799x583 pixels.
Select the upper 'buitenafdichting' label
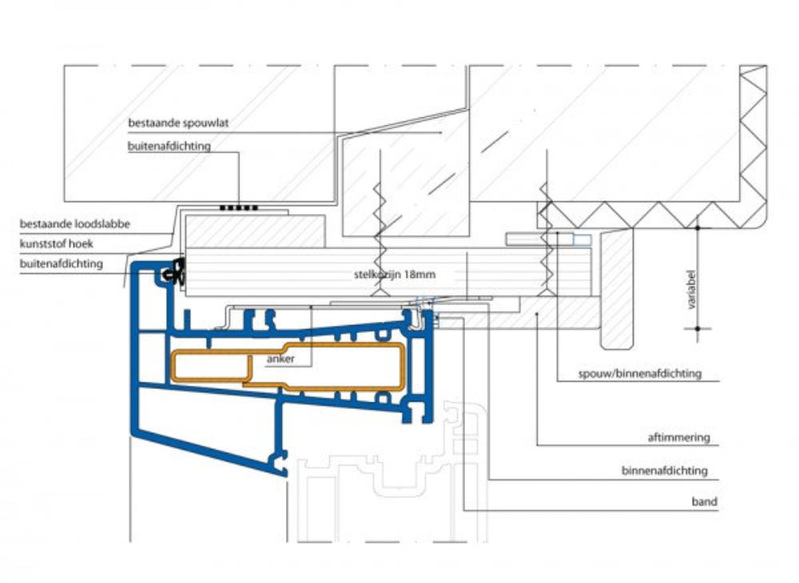169,146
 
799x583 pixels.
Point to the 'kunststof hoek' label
60,243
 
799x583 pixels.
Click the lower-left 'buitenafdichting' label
62,262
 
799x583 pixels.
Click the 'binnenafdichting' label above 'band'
664,470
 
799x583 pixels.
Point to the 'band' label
704,502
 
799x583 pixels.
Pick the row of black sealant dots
239,208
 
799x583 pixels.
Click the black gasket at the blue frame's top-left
173,274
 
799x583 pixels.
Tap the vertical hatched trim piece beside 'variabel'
616,288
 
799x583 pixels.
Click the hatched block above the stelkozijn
254,231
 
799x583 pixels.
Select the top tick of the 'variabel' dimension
698,228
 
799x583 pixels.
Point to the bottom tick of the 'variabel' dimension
698,327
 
